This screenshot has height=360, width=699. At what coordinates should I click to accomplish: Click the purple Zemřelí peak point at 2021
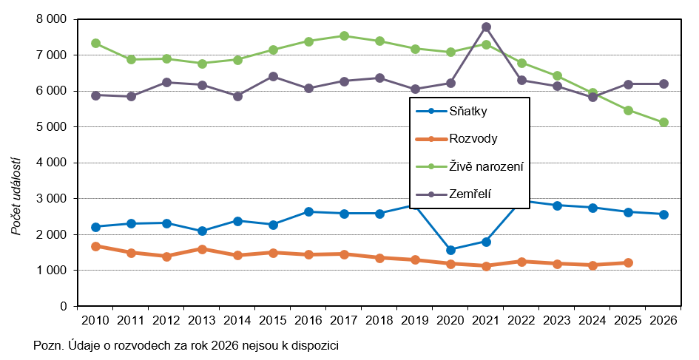click(x=487, y=27)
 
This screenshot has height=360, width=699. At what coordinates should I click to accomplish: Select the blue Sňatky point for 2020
click(x=450, y=250)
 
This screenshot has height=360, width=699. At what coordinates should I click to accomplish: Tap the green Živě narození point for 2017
click(x=344, y=35)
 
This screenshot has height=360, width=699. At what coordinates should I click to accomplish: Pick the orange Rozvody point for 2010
click(x=95, y=246)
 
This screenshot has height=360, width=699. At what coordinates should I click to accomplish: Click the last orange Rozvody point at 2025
click(x=628, y=263)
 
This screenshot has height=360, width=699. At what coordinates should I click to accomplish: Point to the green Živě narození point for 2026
click(x=663, y=123)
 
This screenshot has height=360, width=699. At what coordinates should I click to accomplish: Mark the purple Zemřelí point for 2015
click(x=273, y=77)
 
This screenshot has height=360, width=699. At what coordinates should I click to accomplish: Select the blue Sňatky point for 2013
click(x=202, y=231)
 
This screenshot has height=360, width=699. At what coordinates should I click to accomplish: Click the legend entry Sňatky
click(x=468, y=111)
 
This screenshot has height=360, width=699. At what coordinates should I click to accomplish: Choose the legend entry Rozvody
click(x=473, y=138)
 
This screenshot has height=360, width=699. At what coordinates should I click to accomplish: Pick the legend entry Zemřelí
click(x=470, y=194)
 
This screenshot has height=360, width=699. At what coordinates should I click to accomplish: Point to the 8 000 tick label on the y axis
click(x=51, y=19)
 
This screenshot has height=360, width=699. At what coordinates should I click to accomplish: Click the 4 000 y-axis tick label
click(x=51, y=163)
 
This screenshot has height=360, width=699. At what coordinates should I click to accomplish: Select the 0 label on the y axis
click(x=64, y=306)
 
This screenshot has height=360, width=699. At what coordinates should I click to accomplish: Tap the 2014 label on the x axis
click(x=237, y=320)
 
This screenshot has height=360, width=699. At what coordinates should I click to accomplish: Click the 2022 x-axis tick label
click(x=521, y=320)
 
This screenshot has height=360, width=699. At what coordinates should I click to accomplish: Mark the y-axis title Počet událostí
click(x=16, y=197)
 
